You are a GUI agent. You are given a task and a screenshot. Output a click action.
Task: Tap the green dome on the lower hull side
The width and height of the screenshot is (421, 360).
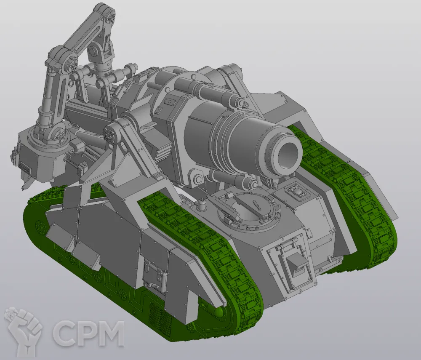pyautogui.click(x=220, y=312)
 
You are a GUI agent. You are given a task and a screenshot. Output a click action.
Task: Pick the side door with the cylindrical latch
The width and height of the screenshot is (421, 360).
pyautogui.click(x=154, y=272)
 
